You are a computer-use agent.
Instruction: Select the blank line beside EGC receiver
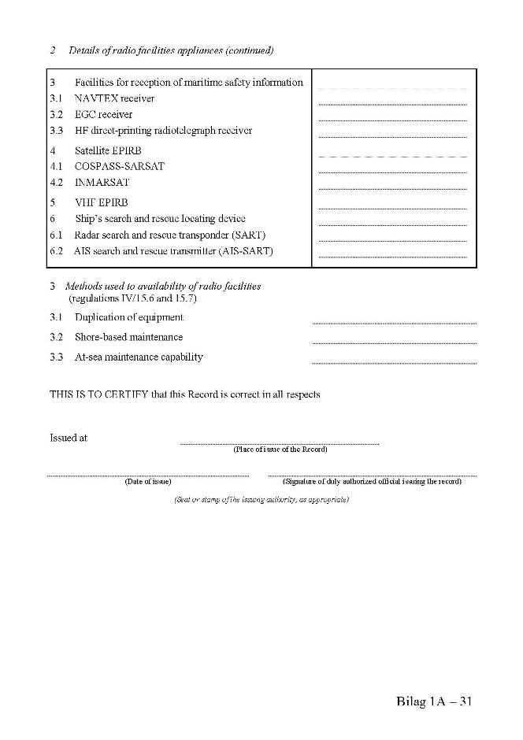click(392, 120)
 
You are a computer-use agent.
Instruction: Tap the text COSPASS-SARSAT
click(119, 166)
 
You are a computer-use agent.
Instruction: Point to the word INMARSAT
click(102, 183)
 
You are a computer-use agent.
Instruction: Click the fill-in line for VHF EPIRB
click(392, 208)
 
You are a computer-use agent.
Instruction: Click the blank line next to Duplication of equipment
click(394, 323)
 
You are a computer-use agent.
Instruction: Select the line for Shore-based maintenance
click(394, 342)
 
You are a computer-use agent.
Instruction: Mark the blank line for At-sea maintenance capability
click(394, 362)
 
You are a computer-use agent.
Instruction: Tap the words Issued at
click(69, 438)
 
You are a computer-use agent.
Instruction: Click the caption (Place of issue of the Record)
click(280, 450)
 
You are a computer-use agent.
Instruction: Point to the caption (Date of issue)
click(148, 482)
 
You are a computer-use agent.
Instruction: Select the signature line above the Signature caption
click(372, 475)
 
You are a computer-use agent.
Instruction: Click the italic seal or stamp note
click(261, 500)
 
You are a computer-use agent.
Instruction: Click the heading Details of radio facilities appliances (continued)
click(171, 50)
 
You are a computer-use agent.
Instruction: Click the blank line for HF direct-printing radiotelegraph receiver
click(392, 136)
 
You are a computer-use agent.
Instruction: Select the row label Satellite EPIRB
click(109, 150)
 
